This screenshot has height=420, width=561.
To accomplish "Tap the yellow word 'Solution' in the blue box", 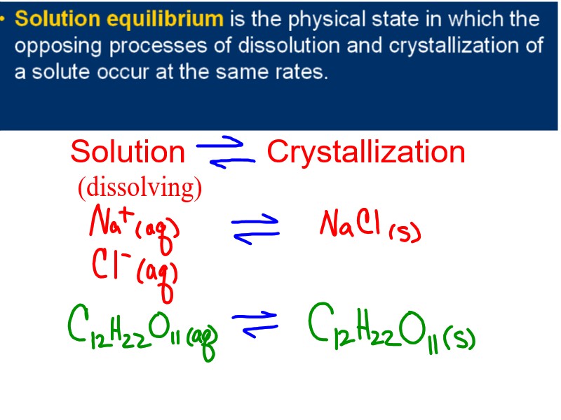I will pyautogui.click(x=58, y=19).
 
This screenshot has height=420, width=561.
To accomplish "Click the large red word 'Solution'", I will pyautogui.click(x=127, y=152).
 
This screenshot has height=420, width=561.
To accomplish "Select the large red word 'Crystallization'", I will pyautogui.click(x=365, y=152).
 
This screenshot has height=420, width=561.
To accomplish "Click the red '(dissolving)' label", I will pyautogui.click(x=140, y=187).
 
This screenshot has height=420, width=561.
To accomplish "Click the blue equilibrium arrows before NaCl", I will pyautogui.click(x=255, y=229).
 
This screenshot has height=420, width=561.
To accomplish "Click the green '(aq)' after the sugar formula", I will pyautogui.click(x=204, y=342).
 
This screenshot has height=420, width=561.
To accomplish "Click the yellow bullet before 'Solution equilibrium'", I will pyautogui.click(x=5, y=17).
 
